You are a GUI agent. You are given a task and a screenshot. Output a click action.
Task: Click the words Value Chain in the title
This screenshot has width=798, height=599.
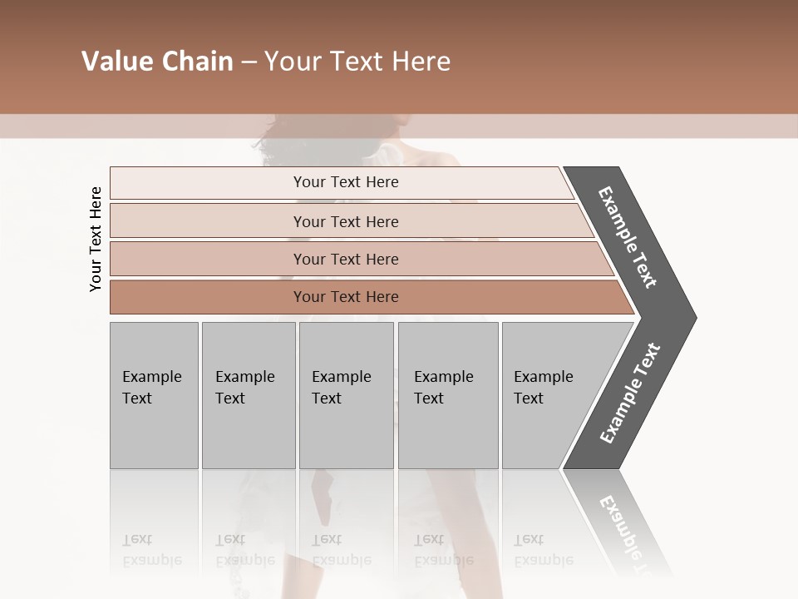tap(157, 62)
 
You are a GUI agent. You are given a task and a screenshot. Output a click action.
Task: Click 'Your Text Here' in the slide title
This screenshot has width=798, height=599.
tap(357, 62)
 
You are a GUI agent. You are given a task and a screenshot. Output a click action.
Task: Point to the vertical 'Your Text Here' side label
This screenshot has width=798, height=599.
tap(96, 239)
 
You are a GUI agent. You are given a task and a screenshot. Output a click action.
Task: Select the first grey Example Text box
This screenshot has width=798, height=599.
tap(154, 395)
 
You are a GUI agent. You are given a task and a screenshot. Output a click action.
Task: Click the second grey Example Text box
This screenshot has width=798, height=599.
tap(249, 395)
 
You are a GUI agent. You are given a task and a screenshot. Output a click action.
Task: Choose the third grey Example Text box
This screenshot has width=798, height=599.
tap(346, 395)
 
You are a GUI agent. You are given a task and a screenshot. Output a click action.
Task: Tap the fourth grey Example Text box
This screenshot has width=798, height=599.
tap(448, 395)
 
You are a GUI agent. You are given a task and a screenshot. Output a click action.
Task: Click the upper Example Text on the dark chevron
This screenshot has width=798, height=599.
tap(628, 237)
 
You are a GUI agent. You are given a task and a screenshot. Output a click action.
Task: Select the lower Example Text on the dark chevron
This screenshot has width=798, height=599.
tap(630, 394)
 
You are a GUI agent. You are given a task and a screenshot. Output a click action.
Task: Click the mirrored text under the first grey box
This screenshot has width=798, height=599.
tap(152, 550)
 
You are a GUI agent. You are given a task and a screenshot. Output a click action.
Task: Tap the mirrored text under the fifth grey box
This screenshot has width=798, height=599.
tap(544, 550)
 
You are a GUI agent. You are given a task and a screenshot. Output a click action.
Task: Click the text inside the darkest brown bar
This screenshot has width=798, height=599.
tap(346, 297)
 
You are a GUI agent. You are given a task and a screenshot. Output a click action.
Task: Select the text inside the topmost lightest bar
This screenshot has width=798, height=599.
tap(346, 182)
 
